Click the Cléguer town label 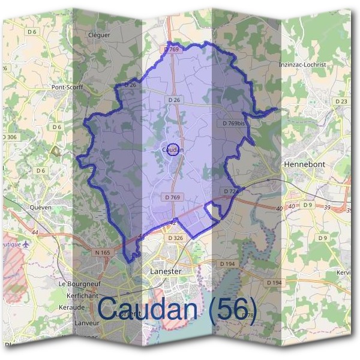[100, 35]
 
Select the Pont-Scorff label [67, 87]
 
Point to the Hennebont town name [304, 163]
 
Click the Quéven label [41, 207]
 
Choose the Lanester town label [164, 271]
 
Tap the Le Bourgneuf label [78, 283]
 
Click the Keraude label [71, 307]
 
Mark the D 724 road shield [231, 191]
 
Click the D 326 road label [175, 238]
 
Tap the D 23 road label [340, 101]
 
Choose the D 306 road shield [9, 137]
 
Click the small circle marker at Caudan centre [173, 149]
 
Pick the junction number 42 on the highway [173, 223]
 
